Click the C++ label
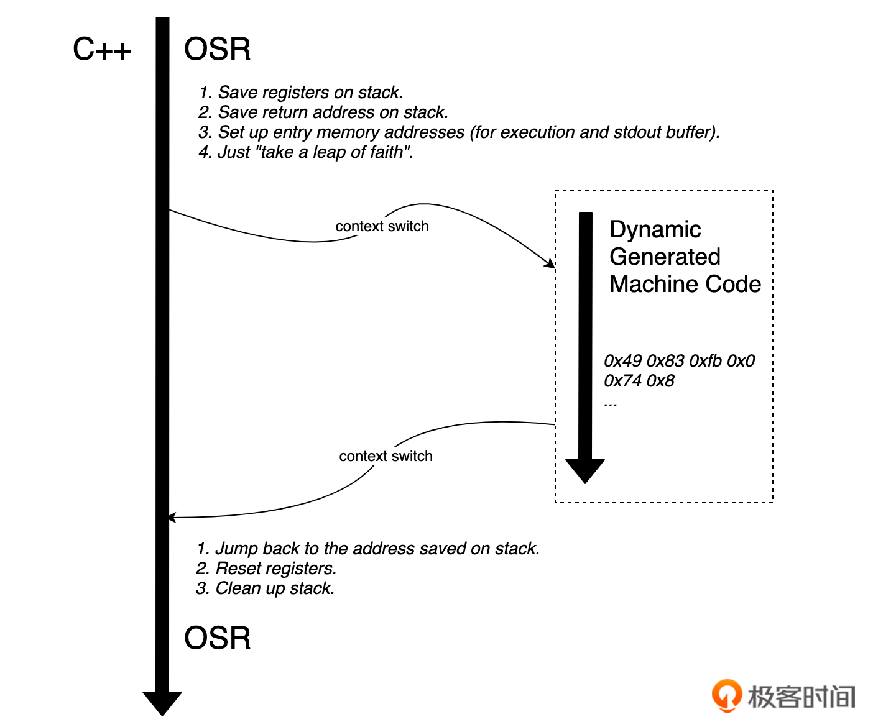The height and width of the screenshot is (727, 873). click(102, 49)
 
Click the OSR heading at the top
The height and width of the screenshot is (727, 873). click(217, 49)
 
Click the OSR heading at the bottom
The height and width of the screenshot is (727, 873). click(217, 638)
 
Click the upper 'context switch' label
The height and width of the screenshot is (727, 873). click(382, 226)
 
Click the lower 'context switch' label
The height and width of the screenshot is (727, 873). click(386, 456)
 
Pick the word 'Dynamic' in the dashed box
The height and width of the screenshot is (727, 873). click(655, 229)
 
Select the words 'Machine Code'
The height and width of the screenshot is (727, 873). click(685, 284)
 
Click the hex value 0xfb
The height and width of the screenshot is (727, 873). click(705, 361)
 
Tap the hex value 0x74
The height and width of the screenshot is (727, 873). click(622, 381)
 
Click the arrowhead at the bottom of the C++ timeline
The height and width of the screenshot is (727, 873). click(162, 703)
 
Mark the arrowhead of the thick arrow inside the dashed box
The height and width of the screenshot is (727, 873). click(584, 470)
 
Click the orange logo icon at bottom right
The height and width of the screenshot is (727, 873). click(726, 695)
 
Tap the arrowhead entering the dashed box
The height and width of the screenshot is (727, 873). click(550, 263)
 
